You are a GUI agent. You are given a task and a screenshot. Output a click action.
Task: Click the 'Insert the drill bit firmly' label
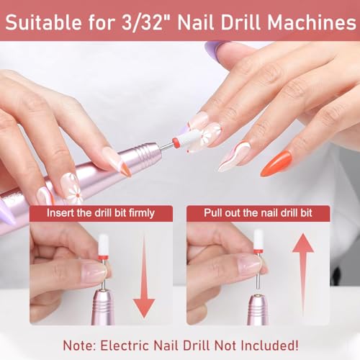pos(101,213)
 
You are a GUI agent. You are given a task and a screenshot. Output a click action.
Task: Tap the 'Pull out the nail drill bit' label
pos(257,213)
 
